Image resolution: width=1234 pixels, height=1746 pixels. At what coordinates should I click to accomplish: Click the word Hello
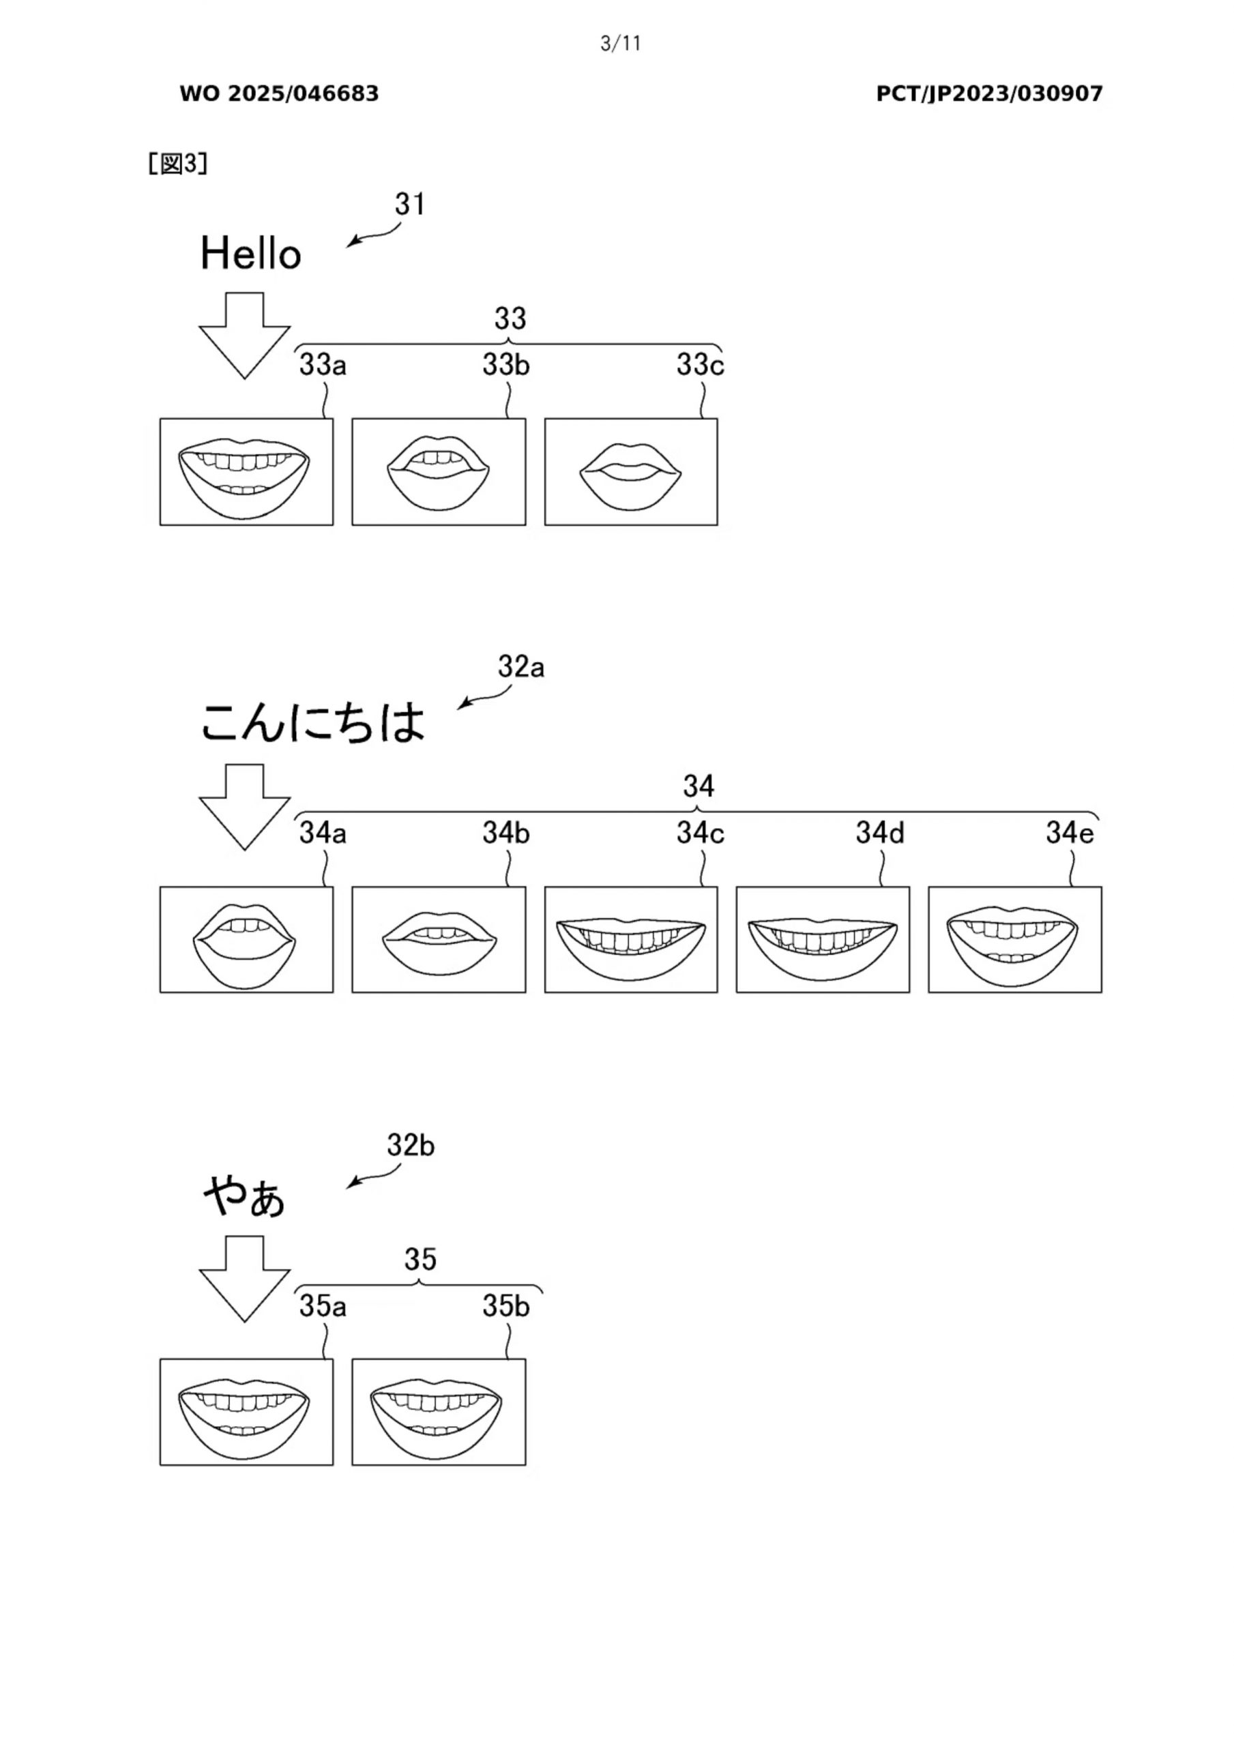point(250,253)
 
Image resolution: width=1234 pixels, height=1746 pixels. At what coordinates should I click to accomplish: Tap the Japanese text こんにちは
point(312,722)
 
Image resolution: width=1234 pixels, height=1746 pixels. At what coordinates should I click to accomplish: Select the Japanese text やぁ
point(244,1196)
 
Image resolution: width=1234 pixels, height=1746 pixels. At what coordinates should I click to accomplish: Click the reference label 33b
point(505,365)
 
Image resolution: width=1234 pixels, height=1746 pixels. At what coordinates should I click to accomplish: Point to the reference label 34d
point(879,833)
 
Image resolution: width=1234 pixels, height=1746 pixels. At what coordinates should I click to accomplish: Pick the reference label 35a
point(323,1307)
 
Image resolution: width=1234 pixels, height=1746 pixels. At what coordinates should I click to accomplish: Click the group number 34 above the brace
point(698,786)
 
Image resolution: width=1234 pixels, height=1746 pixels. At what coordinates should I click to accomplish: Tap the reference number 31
point(409,204)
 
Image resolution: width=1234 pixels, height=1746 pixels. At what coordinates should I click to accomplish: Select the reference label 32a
point(521,667)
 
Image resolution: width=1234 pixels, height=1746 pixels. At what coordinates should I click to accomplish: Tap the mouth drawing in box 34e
point(1014,943)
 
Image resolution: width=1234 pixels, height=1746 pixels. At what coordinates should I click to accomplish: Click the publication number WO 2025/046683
point(279,93)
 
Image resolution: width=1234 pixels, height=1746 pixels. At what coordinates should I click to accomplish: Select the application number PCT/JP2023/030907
point(989,93)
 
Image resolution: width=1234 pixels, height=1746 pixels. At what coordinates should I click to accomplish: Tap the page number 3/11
point(621,44)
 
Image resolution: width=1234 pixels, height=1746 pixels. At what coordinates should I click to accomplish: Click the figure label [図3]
point(178,164)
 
